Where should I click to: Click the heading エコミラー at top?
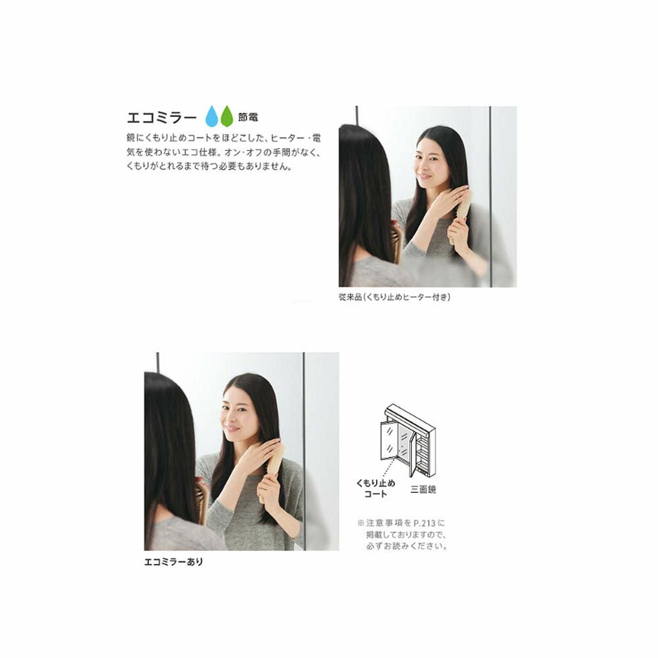click(162, 118)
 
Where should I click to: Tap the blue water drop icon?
click(212, 116)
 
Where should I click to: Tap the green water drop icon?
click(226, 116)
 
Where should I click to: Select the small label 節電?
click(248, 117)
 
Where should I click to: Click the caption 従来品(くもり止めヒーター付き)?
click(394, 297)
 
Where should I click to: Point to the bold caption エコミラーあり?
click(173, 561)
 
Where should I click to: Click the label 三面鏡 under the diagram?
click(423, 490)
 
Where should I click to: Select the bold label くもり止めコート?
click(376, 488)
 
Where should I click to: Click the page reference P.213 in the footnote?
click(424, 523)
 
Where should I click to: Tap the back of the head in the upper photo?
click(365, 189)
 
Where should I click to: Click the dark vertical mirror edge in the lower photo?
click(303, 451)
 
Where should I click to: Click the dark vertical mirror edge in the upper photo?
click(491, 197)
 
